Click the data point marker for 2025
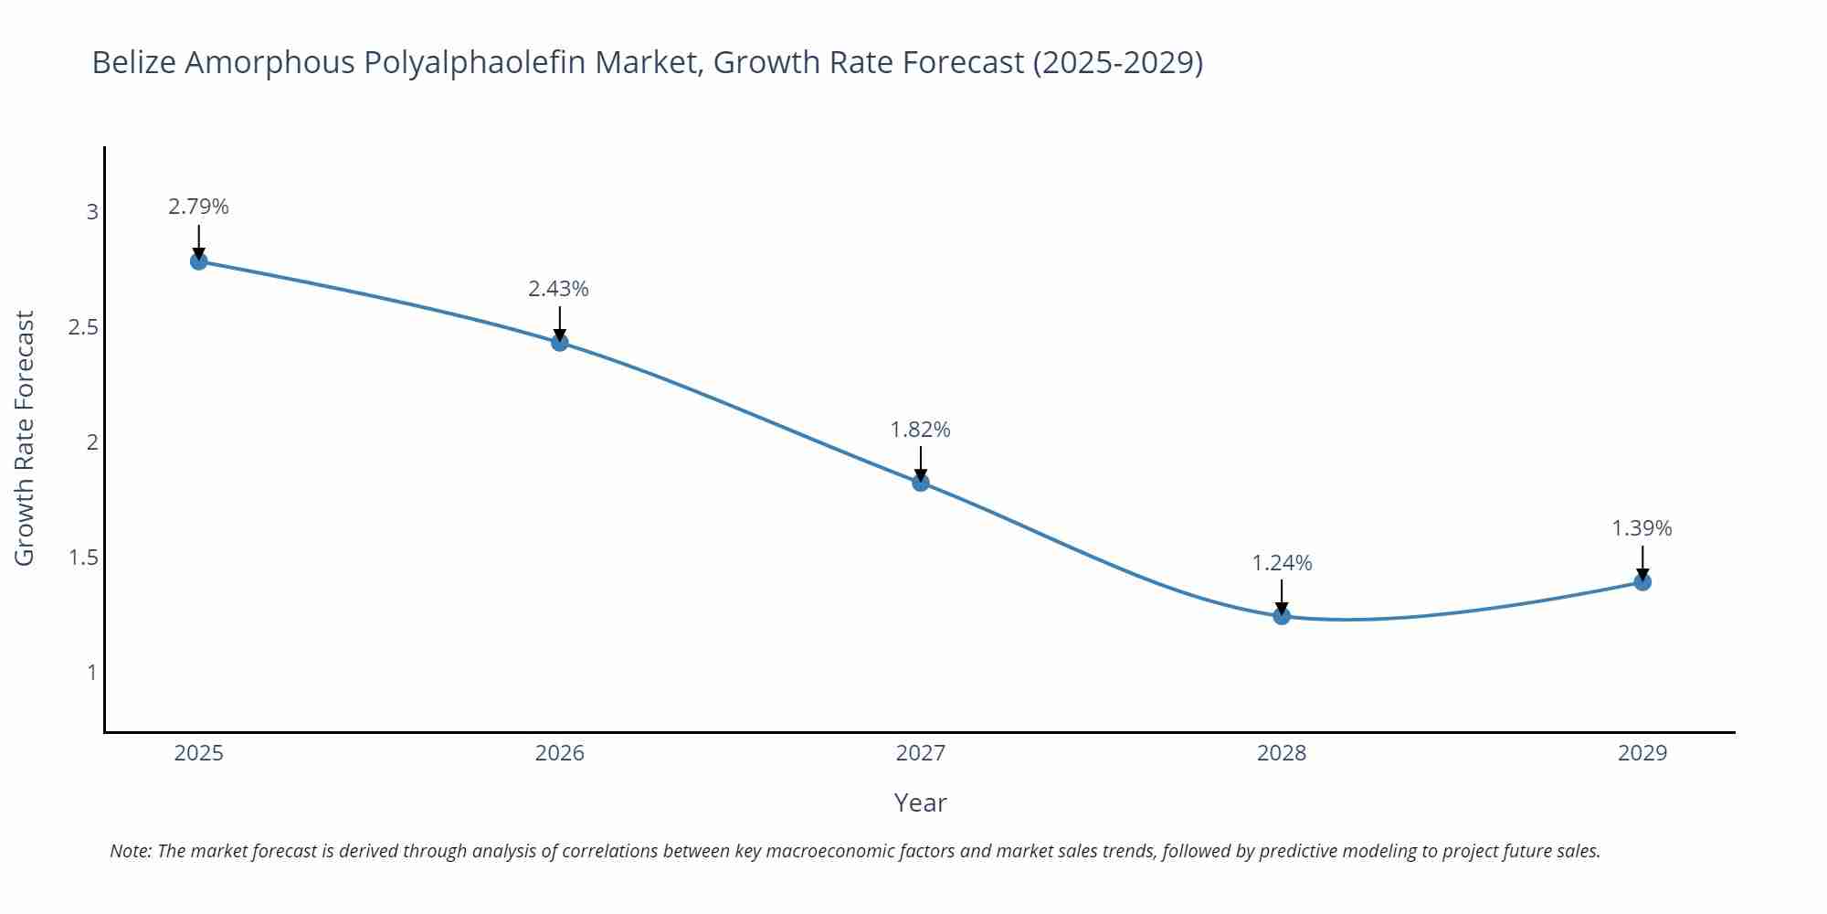click(x=198, y=261)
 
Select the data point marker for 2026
click(x=560, y=343)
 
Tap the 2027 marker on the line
click(x=921, y=483)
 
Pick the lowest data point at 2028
click(x=1282, y=616)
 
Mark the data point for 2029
click(x=1642, y=581)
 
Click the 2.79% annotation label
click(x=198, y=207)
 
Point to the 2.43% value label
click(x=558, y=289)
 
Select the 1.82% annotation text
click(x=920, y=430)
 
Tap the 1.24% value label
click(x=1282, y=563)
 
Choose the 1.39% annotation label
click(x=1642, y=528)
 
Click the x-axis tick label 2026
click(x=559, y=753)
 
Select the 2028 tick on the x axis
click(x=1282, y=753)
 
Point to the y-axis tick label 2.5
click(x=83, y=327)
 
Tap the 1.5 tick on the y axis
click(x=83, y=558)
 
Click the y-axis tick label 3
click(x=91, y=212)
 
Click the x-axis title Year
click(x=920, y=802)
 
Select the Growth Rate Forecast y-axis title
click(x=25, y=438)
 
